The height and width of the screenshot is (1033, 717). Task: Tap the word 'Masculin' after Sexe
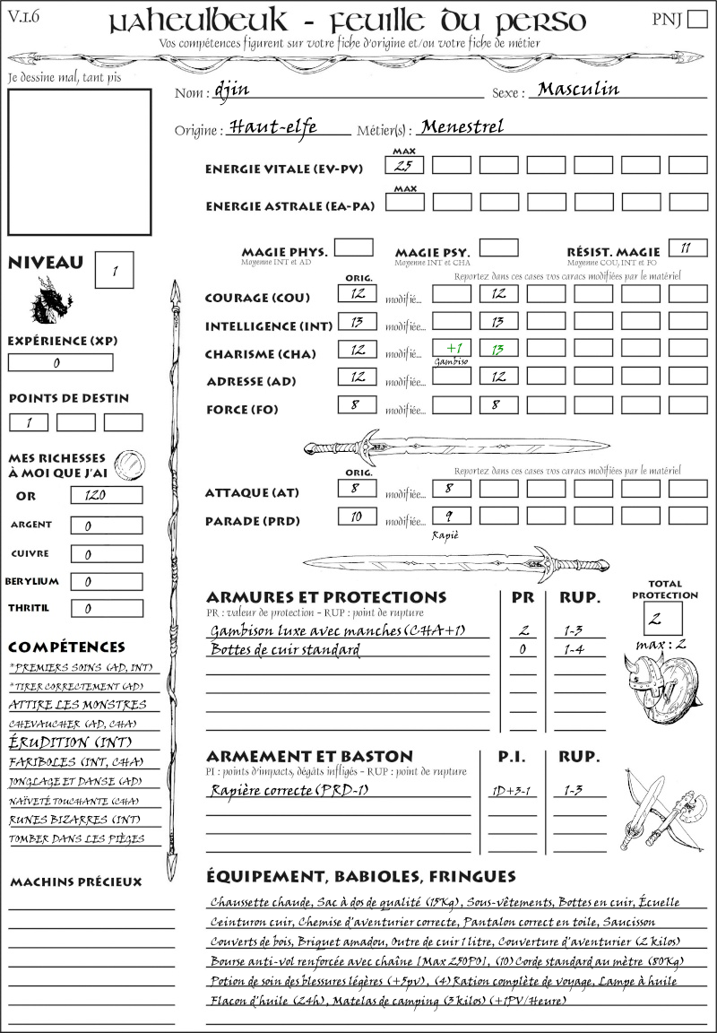[x=578, y=89]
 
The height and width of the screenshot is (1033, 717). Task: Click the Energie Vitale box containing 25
[x=404, y=165]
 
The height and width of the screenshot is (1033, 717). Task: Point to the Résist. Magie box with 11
[x=686, y=248]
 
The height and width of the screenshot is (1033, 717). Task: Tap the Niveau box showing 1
[x=116, y=268]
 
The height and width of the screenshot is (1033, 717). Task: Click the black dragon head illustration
[x=50, y=300]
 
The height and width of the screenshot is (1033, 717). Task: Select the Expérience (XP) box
[x=60, y=362]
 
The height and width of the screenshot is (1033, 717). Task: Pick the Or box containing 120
[x=106, y=495]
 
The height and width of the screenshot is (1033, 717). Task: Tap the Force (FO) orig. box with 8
[x=357, y=405]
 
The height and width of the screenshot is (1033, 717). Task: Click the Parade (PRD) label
[x=252, y=521]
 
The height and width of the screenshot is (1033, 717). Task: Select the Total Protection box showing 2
[x=663, y=619]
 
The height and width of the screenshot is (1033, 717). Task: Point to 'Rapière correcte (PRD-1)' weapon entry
[x=289, y=790]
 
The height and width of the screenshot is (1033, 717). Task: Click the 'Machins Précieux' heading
[x=76, y=881]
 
